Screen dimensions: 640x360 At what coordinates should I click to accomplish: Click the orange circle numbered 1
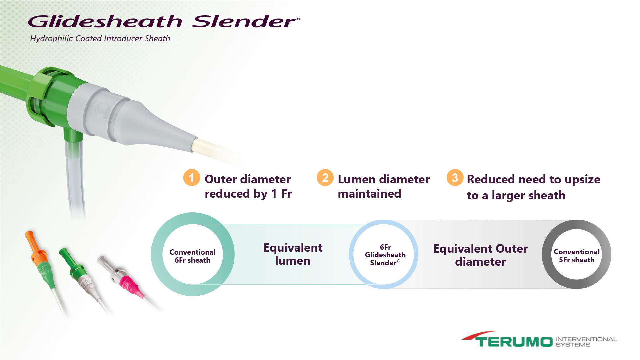[192, 177]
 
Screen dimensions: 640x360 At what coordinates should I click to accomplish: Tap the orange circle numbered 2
[325, 177]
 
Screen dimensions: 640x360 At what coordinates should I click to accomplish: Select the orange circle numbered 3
[455, 177]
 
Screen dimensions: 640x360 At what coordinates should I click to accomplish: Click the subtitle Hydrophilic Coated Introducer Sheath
[100, 39]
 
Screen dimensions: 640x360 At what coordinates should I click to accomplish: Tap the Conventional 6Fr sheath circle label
[193, 256]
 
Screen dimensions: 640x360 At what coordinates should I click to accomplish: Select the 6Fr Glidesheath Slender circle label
[385, 255]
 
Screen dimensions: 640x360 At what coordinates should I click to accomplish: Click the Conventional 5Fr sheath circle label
[577, 256]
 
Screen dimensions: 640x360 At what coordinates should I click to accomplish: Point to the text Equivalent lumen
[293, 254]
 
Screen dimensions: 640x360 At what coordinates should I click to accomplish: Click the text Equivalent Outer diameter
[480, 255]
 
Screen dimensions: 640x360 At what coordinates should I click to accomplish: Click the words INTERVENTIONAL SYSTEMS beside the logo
[586, 342]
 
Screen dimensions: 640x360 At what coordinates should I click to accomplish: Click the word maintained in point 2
[369, 194]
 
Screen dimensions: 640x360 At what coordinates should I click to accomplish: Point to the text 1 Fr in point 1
[282, 194]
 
